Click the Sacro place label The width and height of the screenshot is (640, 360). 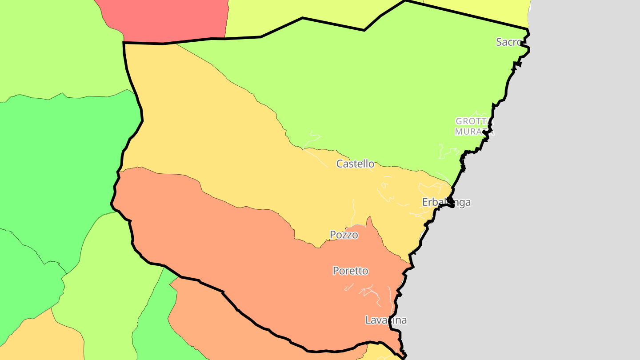pos(508,42)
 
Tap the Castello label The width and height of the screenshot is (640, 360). pos(355,164)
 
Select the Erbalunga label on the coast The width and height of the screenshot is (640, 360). pos(446,203)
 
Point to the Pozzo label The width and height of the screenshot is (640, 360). pos(344,235)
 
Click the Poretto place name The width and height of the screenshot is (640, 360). pos(350,271)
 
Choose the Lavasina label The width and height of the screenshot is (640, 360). pos(386,320)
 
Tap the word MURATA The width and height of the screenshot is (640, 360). pos(474,132)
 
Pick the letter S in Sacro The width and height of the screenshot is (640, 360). pos(499,42)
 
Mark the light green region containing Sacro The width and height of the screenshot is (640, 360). pos(378,89)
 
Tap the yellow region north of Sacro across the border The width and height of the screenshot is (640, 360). pos(489,9)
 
